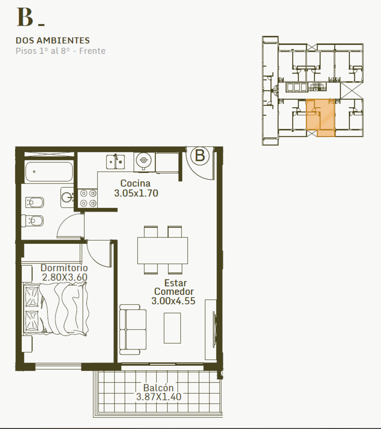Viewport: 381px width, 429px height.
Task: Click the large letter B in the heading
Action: click(25, 17)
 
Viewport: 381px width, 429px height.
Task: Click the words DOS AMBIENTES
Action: click(53, 40)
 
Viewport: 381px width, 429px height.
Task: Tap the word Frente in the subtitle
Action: click(92, 51)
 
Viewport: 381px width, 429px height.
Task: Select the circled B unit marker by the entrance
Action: click(200, 156)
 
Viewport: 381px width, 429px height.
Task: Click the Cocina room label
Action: click(135, 183)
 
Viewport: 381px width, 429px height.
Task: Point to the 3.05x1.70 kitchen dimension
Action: click(136, 193)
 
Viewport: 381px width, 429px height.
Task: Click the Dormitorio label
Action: click(64, 268)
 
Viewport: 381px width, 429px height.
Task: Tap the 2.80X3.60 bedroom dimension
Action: click(65, 277)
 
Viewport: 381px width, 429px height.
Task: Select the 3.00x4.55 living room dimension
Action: click(173, 301)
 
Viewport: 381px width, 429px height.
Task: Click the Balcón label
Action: click(158, 388)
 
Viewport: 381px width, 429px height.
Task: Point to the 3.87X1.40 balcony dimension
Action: click(159, 397)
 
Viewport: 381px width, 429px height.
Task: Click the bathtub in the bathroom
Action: click(49, 172)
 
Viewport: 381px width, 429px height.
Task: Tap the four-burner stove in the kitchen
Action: click(88, 198)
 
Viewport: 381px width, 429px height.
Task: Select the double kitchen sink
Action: click(115, 162)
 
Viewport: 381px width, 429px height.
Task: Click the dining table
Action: click(162, 251)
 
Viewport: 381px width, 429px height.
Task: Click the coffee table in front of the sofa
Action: click(172, 328)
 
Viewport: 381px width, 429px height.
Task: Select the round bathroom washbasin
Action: click(67, 197)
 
